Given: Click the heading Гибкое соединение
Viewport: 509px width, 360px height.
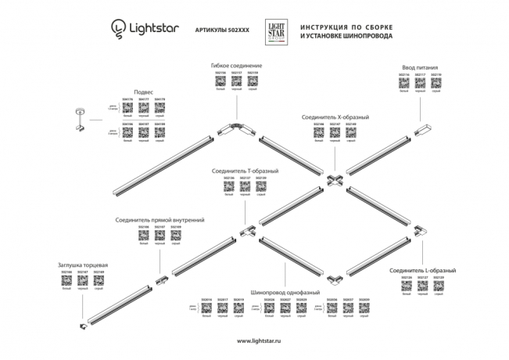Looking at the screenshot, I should tap(236, 65).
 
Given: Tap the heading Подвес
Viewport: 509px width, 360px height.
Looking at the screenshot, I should tap(145, 92).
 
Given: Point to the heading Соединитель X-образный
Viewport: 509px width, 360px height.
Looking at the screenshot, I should tap(335, 117).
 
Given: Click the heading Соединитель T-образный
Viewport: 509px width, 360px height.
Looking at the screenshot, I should tap(245, 170).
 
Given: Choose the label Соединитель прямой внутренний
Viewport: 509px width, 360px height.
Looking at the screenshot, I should tap(160, 221).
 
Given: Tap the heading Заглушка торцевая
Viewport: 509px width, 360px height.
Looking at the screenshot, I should tap(83, 265).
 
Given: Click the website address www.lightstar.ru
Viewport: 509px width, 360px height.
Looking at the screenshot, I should tap(255, 340).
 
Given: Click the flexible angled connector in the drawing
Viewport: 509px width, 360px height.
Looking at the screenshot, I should tap(235, 128).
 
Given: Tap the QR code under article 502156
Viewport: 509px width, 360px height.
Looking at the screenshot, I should tap(220, 81).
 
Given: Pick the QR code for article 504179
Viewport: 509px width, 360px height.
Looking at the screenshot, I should tap(160, 107).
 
